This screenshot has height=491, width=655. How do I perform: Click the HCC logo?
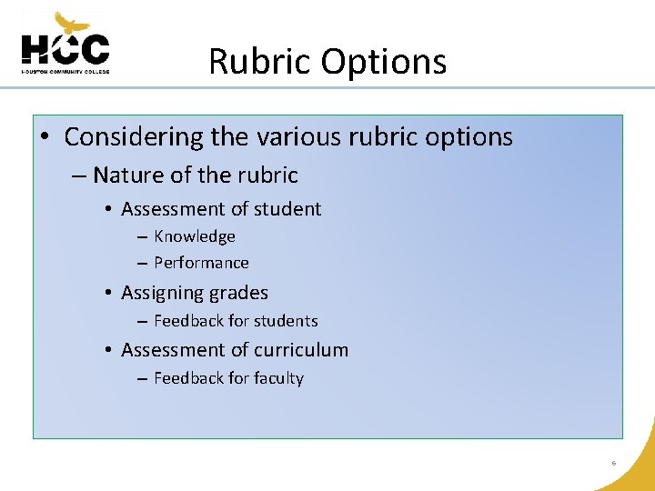pos(65,45)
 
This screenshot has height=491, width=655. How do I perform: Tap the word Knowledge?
pos(195,236)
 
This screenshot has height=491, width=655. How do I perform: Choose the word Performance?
pos(201,263)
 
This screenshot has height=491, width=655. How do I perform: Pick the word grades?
pos(238,294)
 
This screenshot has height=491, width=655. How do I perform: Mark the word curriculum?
pos(300,350)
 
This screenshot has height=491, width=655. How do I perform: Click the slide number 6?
pos(614,464)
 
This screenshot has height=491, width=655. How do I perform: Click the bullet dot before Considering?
pos(45,138)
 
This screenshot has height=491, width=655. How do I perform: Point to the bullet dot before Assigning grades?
pos(107,294)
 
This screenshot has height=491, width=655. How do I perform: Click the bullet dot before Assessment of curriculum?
pos(107,350)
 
